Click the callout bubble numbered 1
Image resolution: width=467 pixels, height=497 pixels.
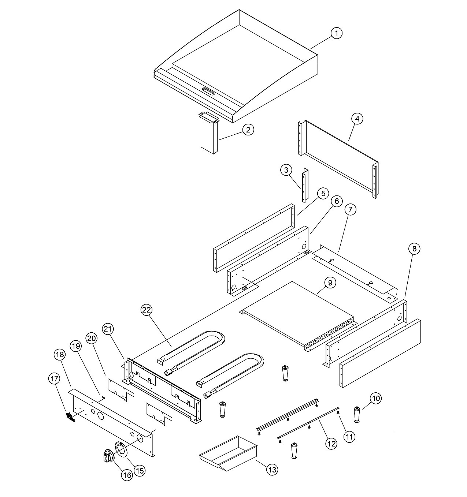[x=337, y=33]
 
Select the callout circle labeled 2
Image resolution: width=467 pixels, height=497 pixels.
[x=248, y=130]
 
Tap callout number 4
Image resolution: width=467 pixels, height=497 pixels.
[x=357, y=119]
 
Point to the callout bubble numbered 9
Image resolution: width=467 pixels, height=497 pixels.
[x=330, y=283]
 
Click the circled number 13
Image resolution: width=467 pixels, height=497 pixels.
[x=272, y=470]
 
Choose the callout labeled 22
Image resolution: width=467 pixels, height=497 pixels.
[x=147, y=310]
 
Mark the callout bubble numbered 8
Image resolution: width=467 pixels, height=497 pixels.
[x=414, y=248]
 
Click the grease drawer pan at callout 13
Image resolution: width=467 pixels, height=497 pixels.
[x=228, y=453]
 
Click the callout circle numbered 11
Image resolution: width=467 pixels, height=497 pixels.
[x=349, y=437]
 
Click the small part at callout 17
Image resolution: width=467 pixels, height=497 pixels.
[x=70, y=417]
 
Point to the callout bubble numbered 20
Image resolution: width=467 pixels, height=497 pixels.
[x=92, y=338]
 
